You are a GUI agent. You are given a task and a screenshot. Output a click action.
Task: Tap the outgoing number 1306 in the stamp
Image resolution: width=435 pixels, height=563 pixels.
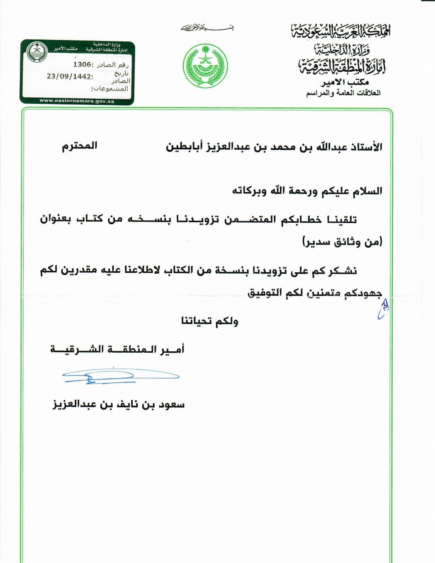coord(82,65)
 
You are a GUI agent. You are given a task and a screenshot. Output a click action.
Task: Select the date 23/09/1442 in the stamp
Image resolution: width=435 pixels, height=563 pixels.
coord(70,76)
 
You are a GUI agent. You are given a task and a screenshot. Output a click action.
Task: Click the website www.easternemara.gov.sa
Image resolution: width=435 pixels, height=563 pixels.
coord(77,101)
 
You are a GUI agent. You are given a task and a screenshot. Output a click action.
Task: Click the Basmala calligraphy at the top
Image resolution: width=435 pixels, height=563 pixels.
coord(207,29)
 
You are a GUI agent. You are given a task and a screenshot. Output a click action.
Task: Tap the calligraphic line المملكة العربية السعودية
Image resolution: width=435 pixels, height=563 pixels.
coord(340,31)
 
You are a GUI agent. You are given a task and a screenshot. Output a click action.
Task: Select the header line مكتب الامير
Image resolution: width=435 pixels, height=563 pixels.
coord(344,82)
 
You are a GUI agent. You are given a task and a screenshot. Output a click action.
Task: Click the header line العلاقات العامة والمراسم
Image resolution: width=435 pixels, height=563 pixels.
coord(343,93)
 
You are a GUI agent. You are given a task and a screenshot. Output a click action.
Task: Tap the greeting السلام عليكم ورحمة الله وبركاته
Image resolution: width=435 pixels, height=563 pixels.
coord(307,191)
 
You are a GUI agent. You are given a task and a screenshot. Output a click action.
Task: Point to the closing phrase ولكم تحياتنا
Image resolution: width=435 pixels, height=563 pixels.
coord(210,321)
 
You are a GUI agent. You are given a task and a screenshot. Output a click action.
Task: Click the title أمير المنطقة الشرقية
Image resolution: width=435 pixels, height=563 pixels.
coord(117,350)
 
